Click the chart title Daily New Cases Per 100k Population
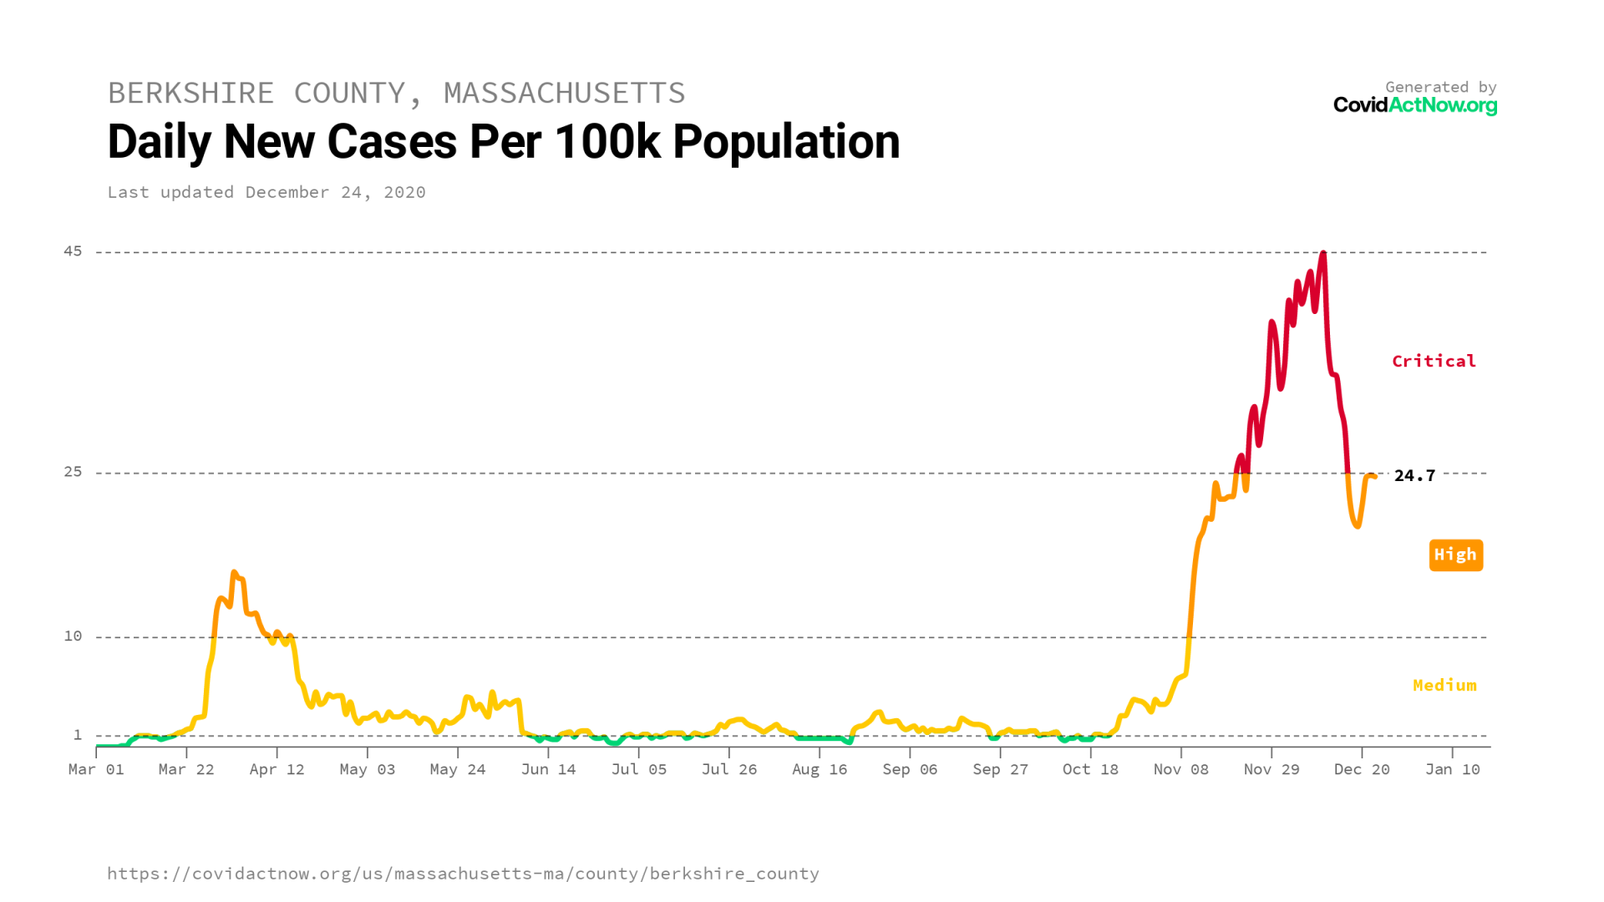pos(504,142)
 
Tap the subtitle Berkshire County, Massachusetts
pos(396,93)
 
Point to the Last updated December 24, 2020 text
pos(266,192)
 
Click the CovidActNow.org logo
pos(1414,105)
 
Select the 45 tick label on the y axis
pos(74,251)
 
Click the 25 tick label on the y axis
pos(74,472)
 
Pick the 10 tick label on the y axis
pos(74,636)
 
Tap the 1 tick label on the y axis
pos(78,735)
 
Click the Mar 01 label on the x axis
pos(96,769)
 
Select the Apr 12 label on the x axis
pos(277,769)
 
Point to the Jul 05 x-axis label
pos(639,769)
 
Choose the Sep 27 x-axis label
pos(1000,769)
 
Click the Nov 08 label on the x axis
pos(1180,769)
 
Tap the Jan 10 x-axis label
pos(1452,769)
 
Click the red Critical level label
pos(1434,361)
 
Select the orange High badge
pos(1455,555)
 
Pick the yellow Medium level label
pos(1444,686)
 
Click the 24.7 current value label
pos(1414,475)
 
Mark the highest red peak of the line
pos(1323,253)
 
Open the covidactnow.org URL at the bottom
pos(463,874)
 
